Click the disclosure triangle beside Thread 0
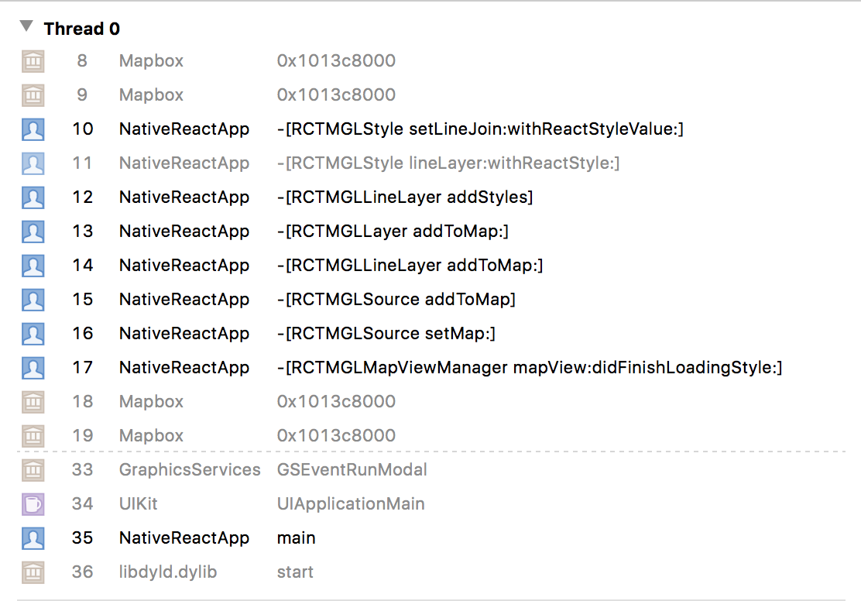26,26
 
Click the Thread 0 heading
81,29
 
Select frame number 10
83,129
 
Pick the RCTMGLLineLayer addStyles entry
405,197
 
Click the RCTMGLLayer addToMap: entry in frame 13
393,232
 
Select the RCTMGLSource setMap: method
386,334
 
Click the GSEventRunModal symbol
352,470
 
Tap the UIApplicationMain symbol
351,504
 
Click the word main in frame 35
296,538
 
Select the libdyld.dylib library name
168,572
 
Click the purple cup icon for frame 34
33,504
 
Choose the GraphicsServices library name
190,470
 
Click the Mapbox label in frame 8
151,61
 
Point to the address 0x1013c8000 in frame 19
336,436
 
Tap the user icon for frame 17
33,368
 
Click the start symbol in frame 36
295,572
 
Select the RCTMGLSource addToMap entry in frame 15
396,300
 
